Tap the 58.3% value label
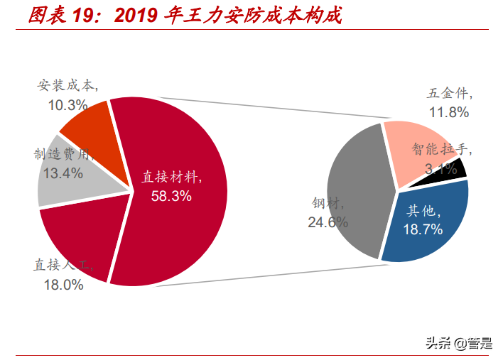[x=171, y=196]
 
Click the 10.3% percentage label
[x=67, y=106]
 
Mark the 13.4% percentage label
[x=63, y=173]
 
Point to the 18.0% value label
[x=63, y=285]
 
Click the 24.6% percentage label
[x=328, y=222]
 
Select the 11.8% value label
[x=449, y=112]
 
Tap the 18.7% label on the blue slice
[x=423, y=229]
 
